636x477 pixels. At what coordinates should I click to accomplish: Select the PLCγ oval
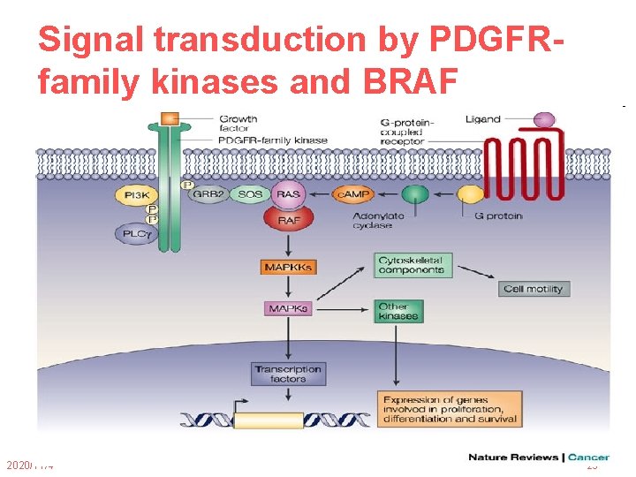tap(134, 233)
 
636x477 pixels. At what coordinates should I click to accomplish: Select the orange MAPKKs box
tap(288, 266)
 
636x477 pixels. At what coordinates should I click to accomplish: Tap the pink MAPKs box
tap(288, 309)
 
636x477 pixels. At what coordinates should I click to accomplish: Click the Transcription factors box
tap(288, 374)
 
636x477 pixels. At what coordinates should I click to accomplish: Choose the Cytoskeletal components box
tap(413, 265)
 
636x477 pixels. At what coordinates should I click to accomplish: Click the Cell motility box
tap(534, 289)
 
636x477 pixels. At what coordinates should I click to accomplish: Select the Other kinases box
tap(397, 311)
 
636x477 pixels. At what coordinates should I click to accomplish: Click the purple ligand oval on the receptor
tap(544, 119)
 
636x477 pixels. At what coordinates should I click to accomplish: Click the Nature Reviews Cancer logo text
tap(539, 458)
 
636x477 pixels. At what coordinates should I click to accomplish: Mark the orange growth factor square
tap(169, 117)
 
